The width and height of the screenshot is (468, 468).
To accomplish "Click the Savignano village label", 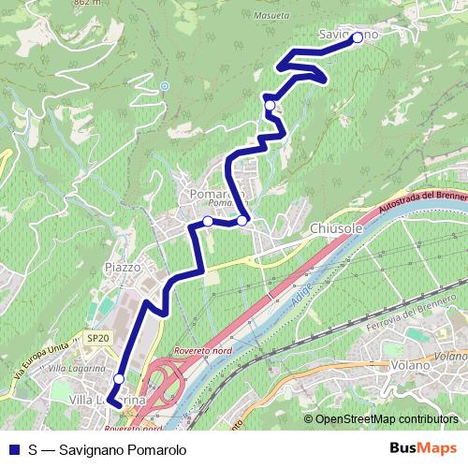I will [x=347, y=35].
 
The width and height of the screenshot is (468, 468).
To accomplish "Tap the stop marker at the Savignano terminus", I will [x=357, y=38].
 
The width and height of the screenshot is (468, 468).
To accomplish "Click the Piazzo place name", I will [x=123, y=267].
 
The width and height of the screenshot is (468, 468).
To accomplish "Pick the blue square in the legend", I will [x=15, y=450].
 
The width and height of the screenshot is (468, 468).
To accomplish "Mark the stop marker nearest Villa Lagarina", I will [x=118, y=379].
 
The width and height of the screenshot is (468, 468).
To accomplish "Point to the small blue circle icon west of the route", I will [x=164, y=86].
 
